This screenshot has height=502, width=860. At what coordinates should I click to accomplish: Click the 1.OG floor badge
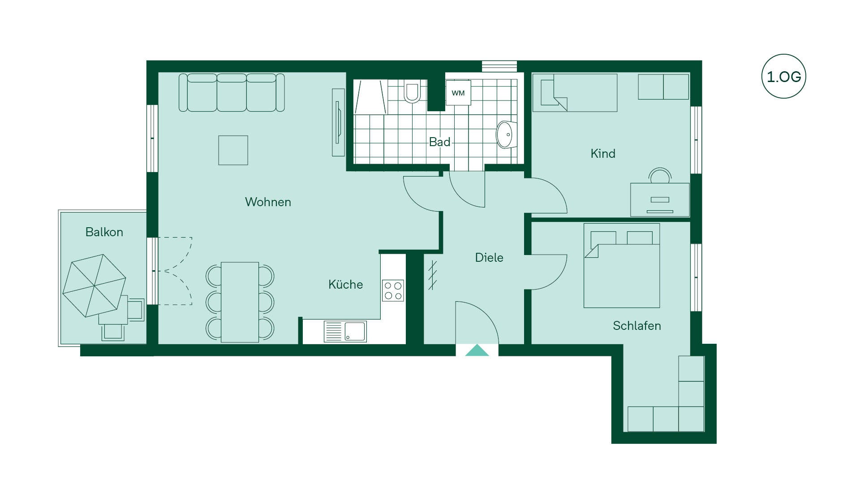pyautogui.click(x=783, y=76)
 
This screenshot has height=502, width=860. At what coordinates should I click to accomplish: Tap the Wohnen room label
pyautogui.click(x=268, y=202)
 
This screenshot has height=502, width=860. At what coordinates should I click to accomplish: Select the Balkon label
pyautogui.click(x=104, y=232)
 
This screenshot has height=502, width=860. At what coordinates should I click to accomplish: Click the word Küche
pyautogui.click(x=345, y=284)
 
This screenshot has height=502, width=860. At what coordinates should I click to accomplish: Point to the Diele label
pyautogui.click(x=489, y=258)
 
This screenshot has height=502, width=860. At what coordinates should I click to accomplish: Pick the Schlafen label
pyautogui.click(x=636, y=326)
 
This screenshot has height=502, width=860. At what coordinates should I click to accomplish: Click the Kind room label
pyautogui.click(x=603, y=154)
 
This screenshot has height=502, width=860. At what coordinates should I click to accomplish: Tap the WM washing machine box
pyautogui.click(x=458, y=93)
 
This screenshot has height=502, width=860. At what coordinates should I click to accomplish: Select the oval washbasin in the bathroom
pyautogui.click(x=506, y=134)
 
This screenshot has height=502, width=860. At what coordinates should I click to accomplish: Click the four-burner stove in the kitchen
pyautogui.click(x=393, y=290)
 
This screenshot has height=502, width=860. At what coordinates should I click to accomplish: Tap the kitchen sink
pyautogui.click(x=345, y=332)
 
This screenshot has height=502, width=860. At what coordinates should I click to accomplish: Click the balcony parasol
pyautogui.click(x=94, y=286)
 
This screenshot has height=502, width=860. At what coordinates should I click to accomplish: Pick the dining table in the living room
pyautogui.click(x=240, y=302)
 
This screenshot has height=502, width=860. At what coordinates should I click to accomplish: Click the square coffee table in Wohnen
pyautogui.click(x=233, y=150)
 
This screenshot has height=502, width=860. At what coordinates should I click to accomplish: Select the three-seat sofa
pyautogui.click(x=232, y=92)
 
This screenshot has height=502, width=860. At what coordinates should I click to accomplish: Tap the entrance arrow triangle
pyautogui.click(x=477, y=350)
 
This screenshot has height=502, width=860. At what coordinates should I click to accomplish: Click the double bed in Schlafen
pyautogui.click(x=622, y=266)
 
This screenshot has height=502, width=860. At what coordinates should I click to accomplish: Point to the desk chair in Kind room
pyautogui.click(x=660, y=175)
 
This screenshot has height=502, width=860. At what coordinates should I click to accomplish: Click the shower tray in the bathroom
pyautogui.click(x=370, y=97)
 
